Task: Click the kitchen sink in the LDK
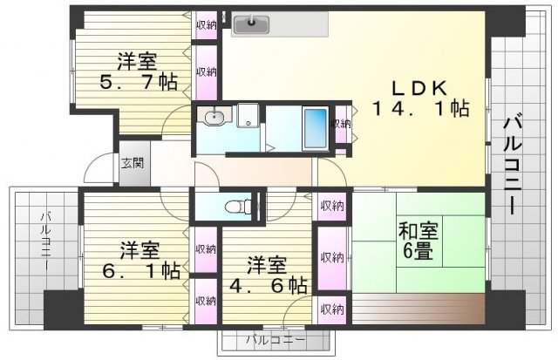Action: pos(251,25)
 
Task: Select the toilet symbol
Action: pos(238,206)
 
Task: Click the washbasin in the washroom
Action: pos(214,117)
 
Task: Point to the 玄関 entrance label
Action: pos(133,163)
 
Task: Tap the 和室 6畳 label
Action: pos(418,241)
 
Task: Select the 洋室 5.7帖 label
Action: pos(138,71)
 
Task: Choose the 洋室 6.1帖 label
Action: pos(140,261)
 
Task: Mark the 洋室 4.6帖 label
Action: pos(268,275)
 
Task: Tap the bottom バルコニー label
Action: pos(276,340)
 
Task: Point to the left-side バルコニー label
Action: pos(46,238)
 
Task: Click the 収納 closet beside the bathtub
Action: pos(341,124)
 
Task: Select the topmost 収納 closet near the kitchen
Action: pos(207,25)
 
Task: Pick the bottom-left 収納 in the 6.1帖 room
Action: pos(206,301)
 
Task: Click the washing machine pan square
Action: pos(248,115)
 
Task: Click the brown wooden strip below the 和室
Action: pos(418,309)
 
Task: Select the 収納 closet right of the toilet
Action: pos(332,206)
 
